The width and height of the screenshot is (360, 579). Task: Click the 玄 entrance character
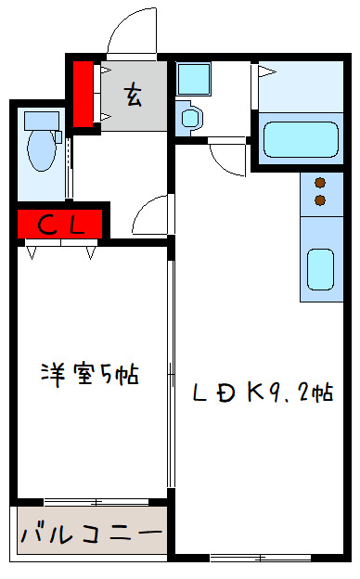134,94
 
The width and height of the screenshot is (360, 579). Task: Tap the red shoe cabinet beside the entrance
84,93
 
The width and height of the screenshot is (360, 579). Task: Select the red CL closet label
60,224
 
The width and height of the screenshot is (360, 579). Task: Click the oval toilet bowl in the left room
41,150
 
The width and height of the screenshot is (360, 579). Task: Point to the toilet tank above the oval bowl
39,120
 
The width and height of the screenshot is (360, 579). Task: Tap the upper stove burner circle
321,183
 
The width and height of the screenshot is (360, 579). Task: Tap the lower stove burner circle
321,199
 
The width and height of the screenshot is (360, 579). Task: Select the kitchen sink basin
321,269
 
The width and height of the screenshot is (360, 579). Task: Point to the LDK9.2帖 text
264,392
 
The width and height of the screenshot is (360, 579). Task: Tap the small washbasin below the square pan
190,117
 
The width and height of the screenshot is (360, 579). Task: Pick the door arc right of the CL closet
148,218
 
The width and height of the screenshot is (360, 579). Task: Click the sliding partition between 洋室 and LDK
171,371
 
